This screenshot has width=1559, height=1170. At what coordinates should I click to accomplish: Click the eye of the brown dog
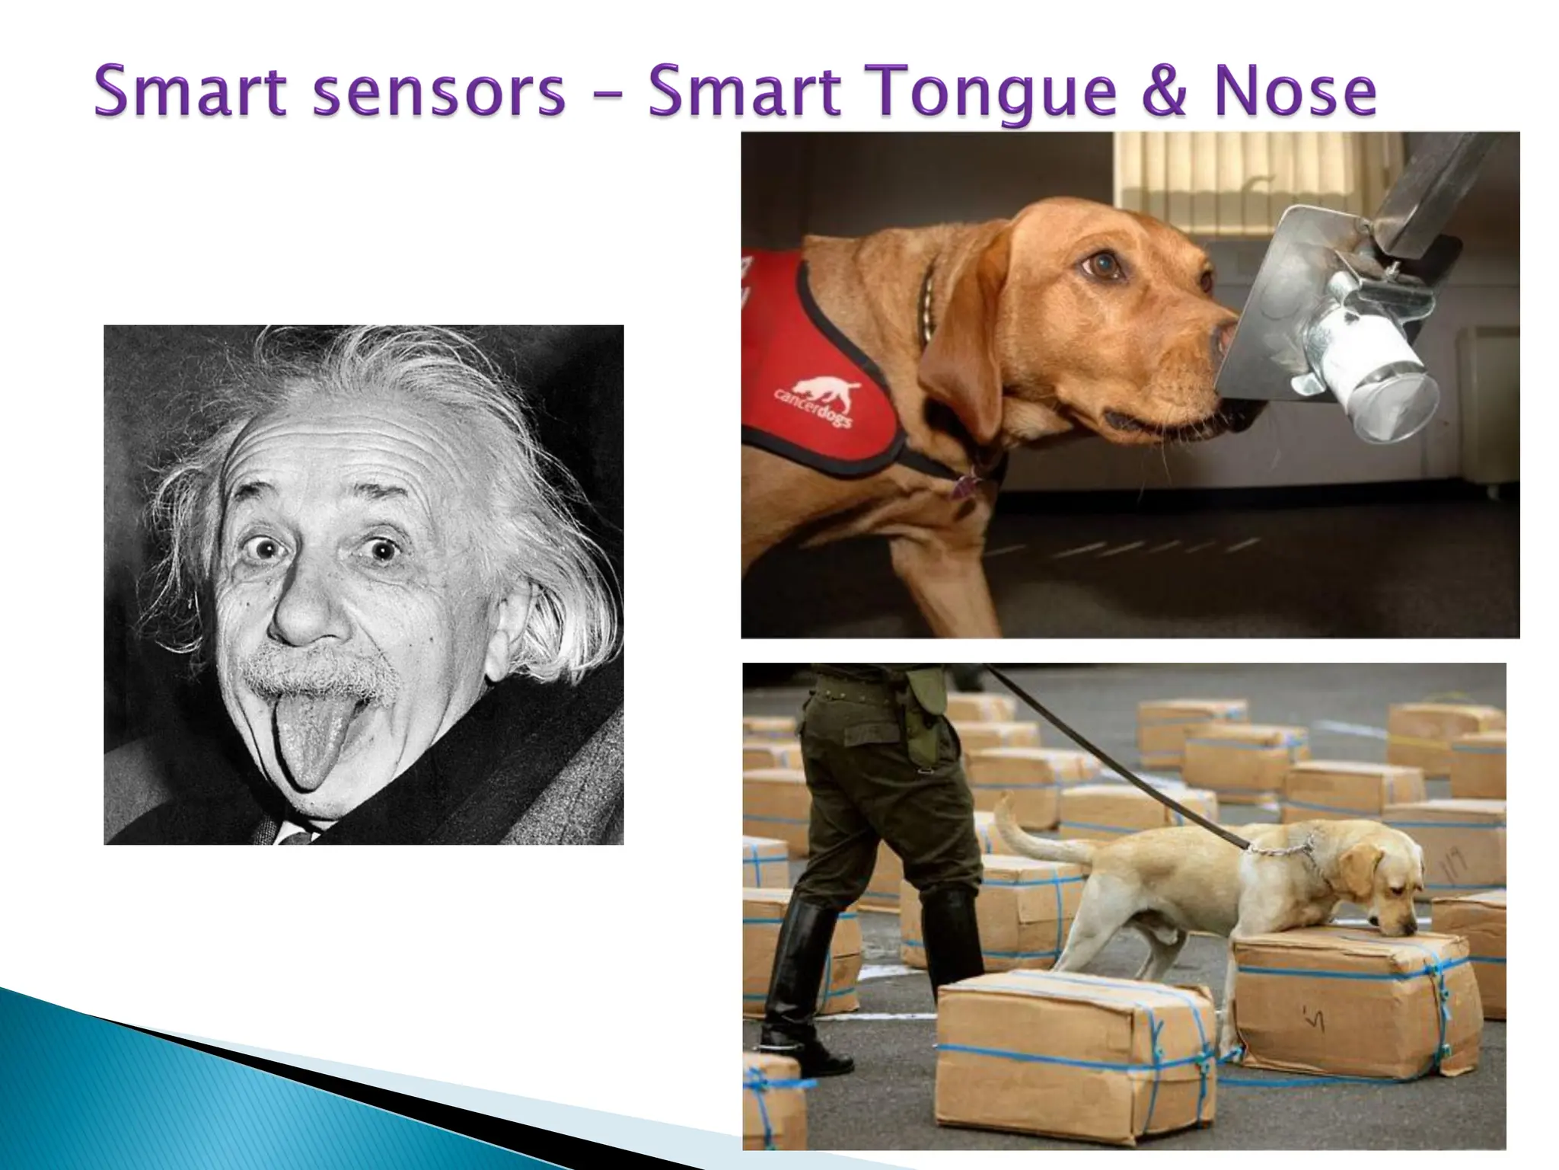coord(1102,264)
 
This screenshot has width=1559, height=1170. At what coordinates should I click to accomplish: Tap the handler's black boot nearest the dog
coord(952,937)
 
